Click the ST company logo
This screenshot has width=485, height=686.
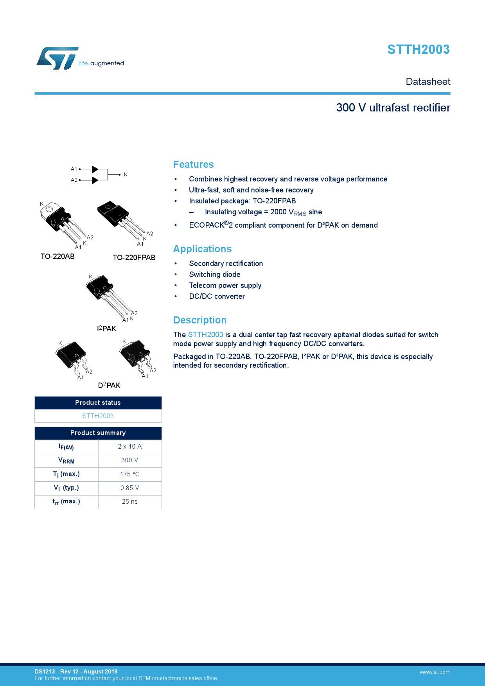[58, 59]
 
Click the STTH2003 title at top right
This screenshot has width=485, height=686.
[418, 50]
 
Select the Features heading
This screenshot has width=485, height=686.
[193, 165]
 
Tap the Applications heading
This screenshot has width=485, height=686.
[202, 249]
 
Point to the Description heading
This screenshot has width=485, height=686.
[199, 320]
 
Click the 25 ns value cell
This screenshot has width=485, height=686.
[129, 502]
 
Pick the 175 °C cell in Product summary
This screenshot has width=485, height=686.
[129, 474]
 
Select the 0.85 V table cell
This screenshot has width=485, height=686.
[129, 488]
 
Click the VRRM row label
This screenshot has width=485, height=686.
[66, 461]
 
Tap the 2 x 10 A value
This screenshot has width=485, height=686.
[129, 447]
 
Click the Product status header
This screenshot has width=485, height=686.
[98, 403]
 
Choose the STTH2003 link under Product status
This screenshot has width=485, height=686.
[98, 416]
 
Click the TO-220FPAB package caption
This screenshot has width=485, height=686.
[134, 258]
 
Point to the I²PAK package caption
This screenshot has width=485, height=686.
[106, 329]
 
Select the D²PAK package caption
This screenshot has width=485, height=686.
[109, 385]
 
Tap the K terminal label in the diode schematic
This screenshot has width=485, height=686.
[126, 175]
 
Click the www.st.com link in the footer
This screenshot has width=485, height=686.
[435, 672]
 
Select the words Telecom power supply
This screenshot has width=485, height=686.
[225, 286]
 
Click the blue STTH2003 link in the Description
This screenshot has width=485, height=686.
[205, 335]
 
